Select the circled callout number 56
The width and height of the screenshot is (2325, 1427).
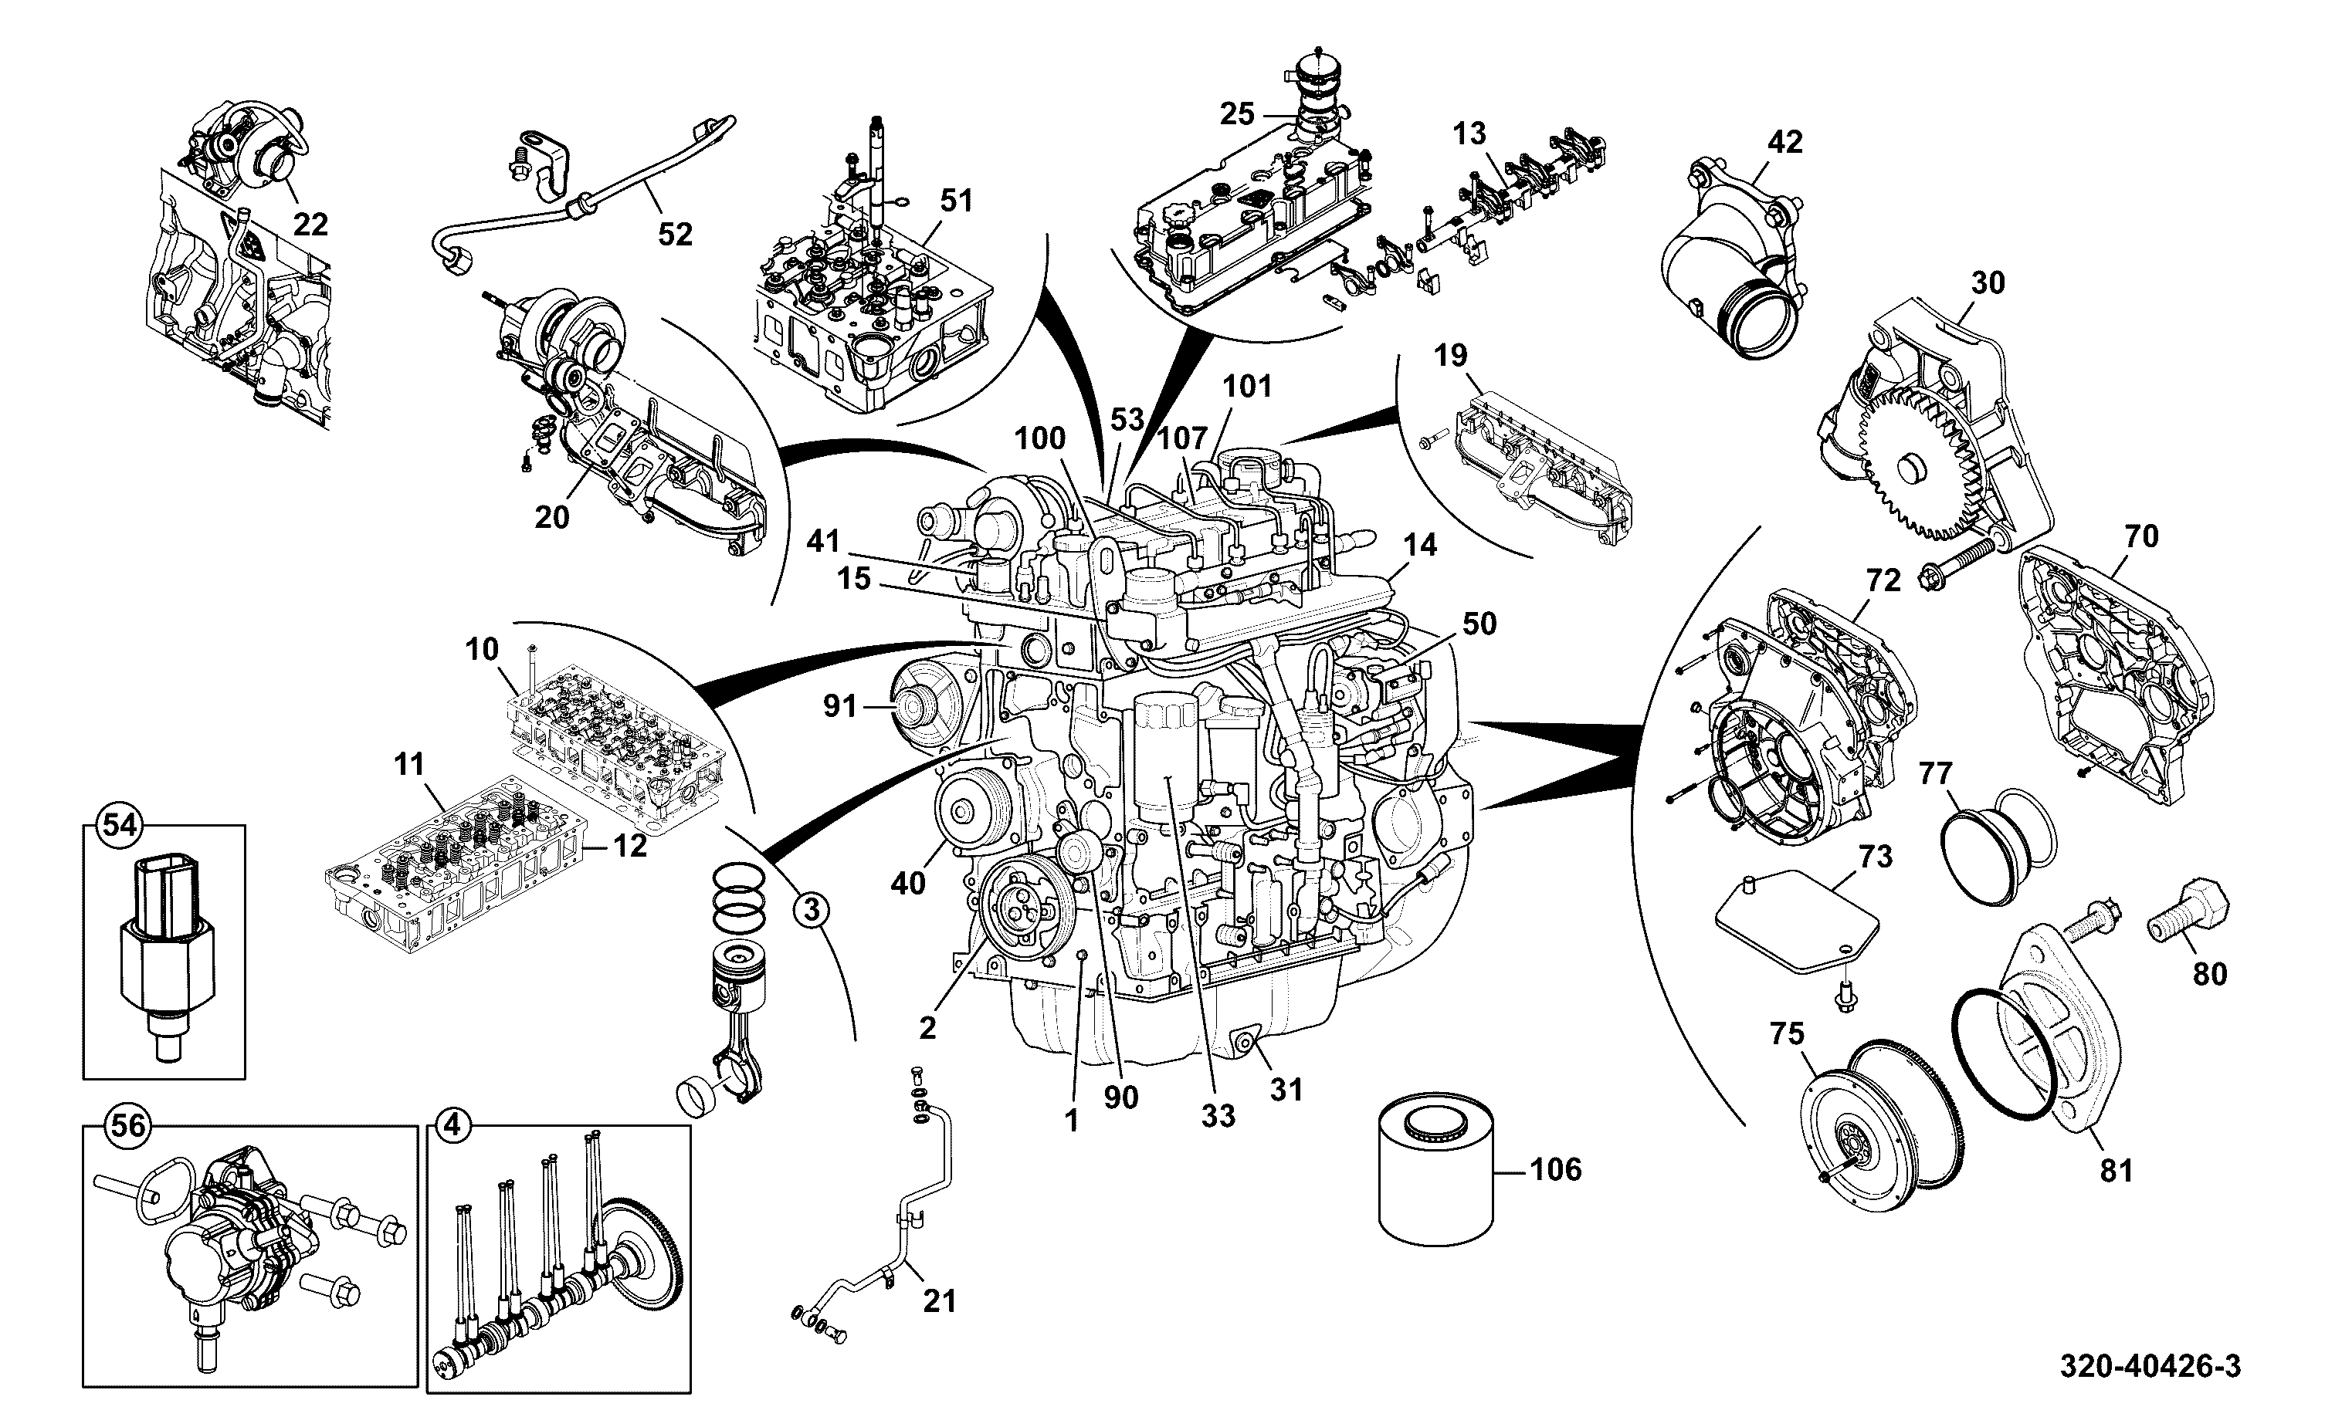point(128,1125)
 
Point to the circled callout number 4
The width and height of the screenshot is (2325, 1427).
point(452,1125)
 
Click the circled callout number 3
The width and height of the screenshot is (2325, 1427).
point(811,910)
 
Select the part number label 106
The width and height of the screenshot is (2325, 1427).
point(1556,1170)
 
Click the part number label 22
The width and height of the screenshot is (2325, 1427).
point(310,225)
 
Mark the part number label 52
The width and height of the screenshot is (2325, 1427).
point(675,234)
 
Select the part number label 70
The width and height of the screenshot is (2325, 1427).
point(2142,536)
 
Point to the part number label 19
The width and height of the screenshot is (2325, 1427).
point(1451,356)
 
